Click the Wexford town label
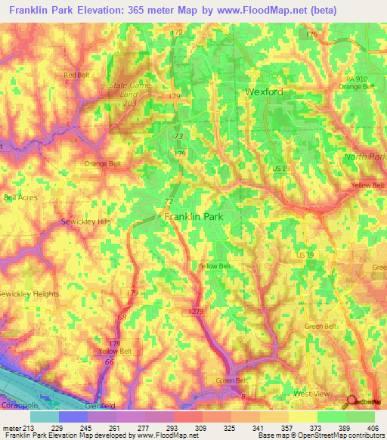264,91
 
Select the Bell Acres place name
20,197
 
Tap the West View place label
311,394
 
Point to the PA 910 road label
357,79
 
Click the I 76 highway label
311,34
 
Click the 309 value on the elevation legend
203,429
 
